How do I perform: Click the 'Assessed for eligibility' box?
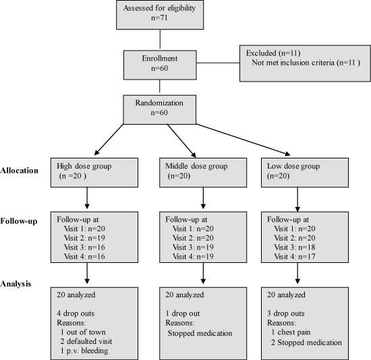pyautogui.click(x=160, y=15)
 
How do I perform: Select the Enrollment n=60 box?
pyautogui.click(x=160, y=65)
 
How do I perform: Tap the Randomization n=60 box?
pyautogui.click(x=159, y=109)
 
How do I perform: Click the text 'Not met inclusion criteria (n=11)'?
pyautogui.click(x=306, y=63)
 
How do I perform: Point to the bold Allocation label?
pyautogui.click(x=19, y=171)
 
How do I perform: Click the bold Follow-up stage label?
pyautogui.click(x=19, y=221)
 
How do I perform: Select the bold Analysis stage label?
pyautogui.click(x=16, y=284)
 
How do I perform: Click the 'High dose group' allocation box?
pyautogui.click(x=94, y=173)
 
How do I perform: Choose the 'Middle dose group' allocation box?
pyautogui.click(x=203, y=173)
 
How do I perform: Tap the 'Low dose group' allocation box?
pyautogui.click(x=305, y=173)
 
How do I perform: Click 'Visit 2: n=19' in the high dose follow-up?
pyautogui.click(x=84, y=238)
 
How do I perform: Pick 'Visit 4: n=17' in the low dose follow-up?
pyautogui.click(x=295, y=256)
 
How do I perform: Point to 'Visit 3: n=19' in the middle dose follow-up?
pyautogui.click(x=193, y=247)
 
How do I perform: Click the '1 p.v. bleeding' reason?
pyautogui.click(x=84, y=351)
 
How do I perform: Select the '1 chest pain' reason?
pyautogui.click(x=291, y=332)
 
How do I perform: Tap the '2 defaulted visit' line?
pyautogui.click(x=86, y=341)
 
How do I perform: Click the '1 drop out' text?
pyautogui.click(x=182, y=313)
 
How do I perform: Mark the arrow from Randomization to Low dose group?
pyautogui.click(x=244, y=140)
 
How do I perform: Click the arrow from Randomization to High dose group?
pyautogui.click(x=109, y=140)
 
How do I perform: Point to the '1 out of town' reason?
pyautogui.click(x=83, y=332)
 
